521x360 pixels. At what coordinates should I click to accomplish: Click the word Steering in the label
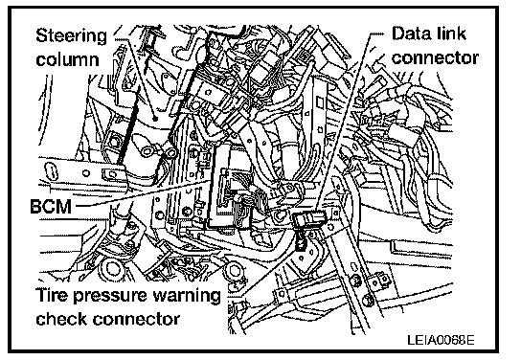click(x=71, y=36)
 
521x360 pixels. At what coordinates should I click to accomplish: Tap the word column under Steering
click(x=67, y=59)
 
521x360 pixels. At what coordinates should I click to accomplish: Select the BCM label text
click(x=51, y=206)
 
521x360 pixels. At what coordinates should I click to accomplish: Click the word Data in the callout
click(x=410, y=34)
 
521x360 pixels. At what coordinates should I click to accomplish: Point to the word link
click(x=449, y=34)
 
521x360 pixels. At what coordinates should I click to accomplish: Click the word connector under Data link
click(x=435, y=57)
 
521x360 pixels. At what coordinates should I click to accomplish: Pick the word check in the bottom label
click(x=61, y=319)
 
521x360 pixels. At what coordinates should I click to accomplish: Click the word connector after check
click(x=136, y=320)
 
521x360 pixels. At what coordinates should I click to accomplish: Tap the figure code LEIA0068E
click(x=441, y=340)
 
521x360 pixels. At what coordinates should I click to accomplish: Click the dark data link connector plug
click(x=309, y=219)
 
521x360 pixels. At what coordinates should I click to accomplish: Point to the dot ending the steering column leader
click(x=154, y=118)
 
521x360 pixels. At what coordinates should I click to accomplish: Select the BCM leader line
click(x=144, y=193)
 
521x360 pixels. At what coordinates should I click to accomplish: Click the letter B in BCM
click(x=35, y=206)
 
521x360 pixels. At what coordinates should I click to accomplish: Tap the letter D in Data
click(x=398, y=34)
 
